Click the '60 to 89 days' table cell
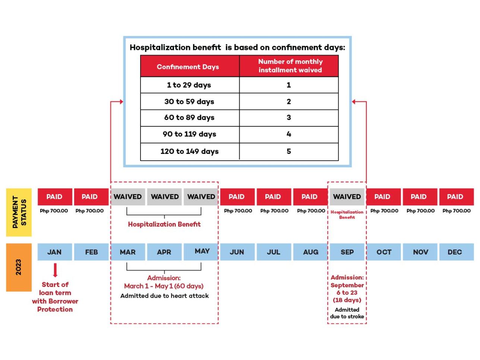tap(189, 118)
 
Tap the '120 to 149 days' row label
tap(189, 151)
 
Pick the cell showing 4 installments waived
tap(288, 134)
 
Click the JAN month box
tap(54, 252)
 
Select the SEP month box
tap(347, 252)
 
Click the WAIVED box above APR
tap(164, 197)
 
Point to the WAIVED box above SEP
tap(347, 197)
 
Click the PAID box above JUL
tap(273, 197)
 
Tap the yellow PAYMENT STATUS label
tap(19, 212)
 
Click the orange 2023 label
tap(19, 267)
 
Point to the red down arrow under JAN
tap(55, 270)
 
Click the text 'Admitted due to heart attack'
tap(164, 296)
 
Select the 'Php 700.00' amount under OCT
tap(384, 211)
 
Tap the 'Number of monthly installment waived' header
tap(290, 66)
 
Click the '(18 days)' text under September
tap(347, 300)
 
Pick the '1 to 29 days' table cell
tap(189, 85)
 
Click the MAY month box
tap(201, 252)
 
